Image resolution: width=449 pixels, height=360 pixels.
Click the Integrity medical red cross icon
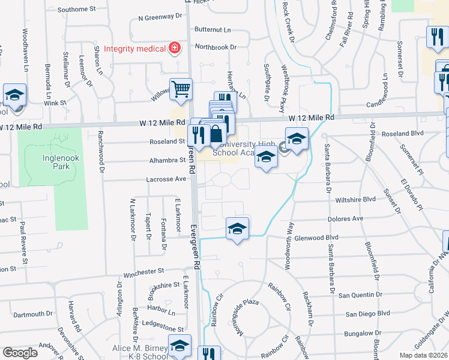click(x=175, y=47)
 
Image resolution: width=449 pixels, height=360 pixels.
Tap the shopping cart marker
click(x=181, y=89)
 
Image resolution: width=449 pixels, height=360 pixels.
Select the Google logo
click(x=20, y=353)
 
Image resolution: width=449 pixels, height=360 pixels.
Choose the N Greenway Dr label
click(x=158, y=18)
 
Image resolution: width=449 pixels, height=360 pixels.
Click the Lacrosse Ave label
click(x=166, y=179)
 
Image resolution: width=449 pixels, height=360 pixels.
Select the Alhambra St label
click(x=167, y=160)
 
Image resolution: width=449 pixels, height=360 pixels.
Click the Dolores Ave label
click(x=345, y=219)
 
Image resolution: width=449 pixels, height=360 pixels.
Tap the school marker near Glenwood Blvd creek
click(x=238, y=229)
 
